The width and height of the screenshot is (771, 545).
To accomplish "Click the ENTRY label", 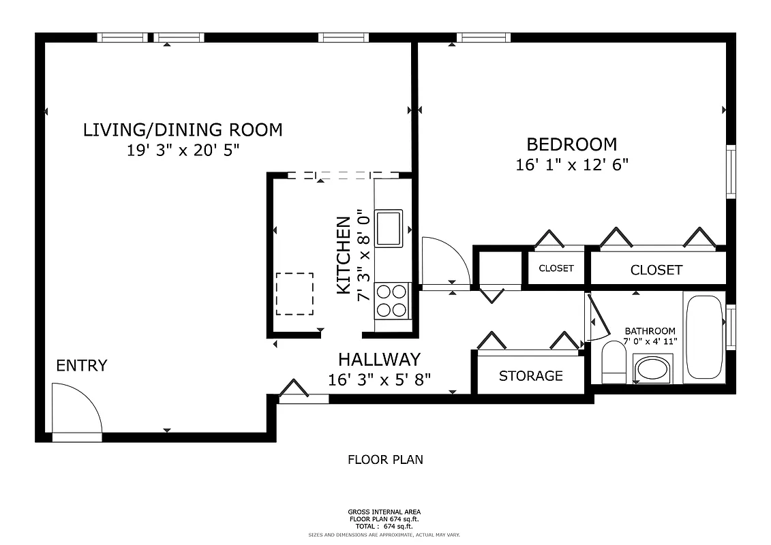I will click(x=81, y=366).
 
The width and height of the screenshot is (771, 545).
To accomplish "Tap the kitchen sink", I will click(x=389, y=228).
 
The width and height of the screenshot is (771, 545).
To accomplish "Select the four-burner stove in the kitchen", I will click(x=391, y=300).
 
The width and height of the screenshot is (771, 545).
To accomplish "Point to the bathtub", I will click(x=704, y=337).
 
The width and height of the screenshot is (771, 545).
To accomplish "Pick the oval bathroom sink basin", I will click(x=653, y=370).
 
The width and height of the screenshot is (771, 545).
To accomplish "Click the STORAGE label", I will click(x=530, y=376).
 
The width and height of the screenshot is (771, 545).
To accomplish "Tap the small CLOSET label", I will click(x=556, y=268).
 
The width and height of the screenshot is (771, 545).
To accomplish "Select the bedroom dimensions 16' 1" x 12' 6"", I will click(x=571, y=164).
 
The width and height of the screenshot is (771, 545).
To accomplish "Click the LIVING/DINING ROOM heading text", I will click(x=182, y=129).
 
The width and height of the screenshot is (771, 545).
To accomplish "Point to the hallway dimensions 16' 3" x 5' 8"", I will click(x=379, y=379).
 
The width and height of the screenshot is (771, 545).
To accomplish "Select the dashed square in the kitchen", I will click(x=294, y=294).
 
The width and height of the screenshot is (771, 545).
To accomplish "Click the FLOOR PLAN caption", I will click(x=385, y=460).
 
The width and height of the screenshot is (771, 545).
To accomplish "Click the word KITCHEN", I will click(x=344, y=255).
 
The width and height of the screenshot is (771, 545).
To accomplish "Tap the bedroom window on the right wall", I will click(x=730, y=171).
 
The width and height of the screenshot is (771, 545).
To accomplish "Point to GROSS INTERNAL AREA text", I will click(x=384, y=512).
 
